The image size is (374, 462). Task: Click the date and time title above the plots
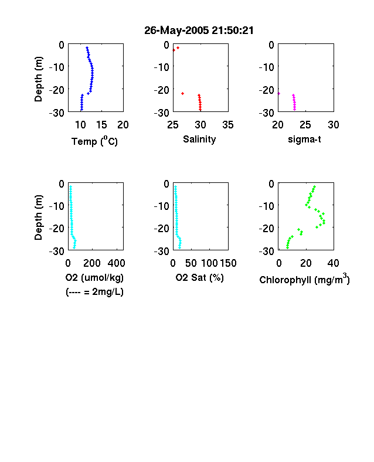click(199, 30)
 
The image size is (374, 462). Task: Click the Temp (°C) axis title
click(94, 141)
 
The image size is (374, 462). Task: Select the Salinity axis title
click(199, 139)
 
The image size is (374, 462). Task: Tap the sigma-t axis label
click(304, 139)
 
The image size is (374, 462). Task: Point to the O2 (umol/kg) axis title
click(94, 277)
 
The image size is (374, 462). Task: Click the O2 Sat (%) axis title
click(200, 277)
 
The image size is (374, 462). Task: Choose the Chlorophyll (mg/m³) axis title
click(304, 278)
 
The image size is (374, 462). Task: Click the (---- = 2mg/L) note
click(94, 292)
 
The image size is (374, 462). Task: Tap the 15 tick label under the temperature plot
click(101, 125)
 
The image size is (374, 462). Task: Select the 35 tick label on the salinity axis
click(228, 125)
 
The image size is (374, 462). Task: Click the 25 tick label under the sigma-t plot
click(305, 125)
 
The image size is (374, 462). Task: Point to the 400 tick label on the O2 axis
click(116, 263)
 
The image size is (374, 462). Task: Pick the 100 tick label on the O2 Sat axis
click(209, 263)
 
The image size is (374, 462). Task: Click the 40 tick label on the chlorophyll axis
click(333, 263)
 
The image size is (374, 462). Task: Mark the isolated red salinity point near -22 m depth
click(182, 93)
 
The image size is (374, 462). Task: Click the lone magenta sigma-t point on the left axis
click(278, 93)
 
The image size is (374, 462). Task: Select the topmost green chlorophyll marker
click(315, 186)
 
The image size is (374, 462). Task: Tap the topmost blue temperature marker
click(87, 47)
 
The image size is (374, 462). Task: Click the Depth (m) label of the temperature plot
click(38, 79)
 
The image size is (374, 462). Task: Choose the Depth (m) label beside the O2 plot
click(38, 218)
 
